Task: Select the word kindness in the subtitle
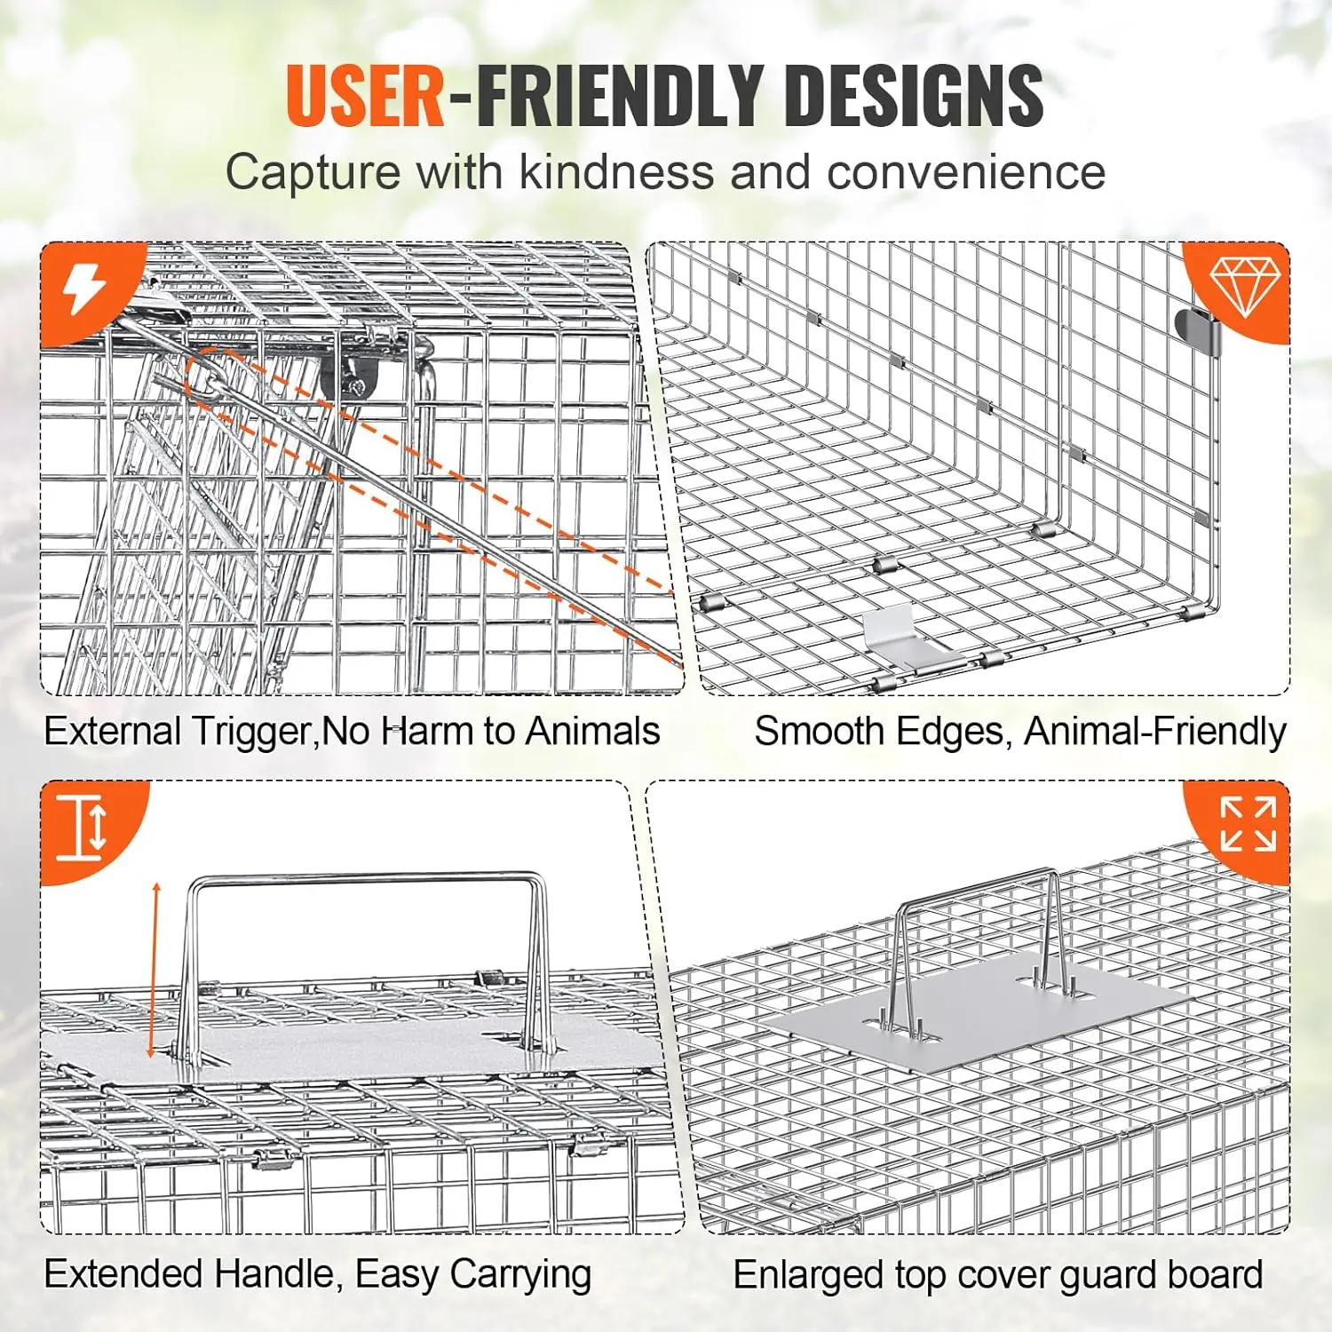click(x=616, y=171)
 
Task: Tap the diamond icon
click(x=1245, y=286)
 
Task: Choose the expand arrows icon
click(x=1248, y=824)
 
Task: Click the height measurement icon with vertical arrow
click(x=82, y=827)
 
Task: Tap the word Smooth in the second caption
click(x=820, y=732)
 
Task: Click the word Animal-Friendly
click(x=1154, y=732)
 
